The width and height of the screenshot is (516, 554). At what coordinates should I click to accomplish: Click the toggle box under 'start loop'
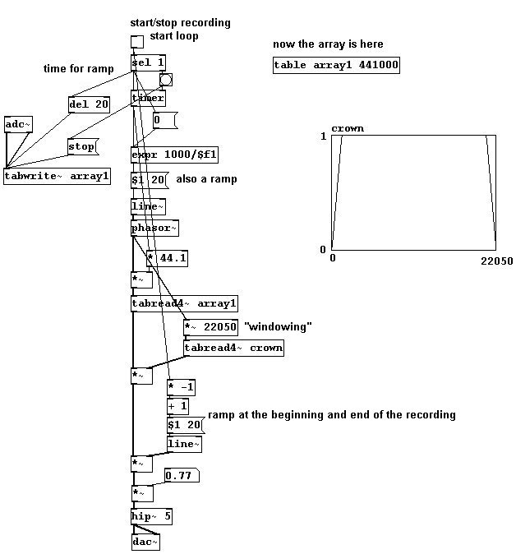pyautogui.click(x=137, y=42)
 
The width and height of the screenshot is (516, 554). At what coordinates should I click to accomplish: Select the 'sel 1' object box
pyautogui.click(x=148, y=63)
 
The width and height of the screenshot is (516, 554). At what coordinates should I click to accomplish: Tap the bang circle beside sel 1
pyautogui.click(x=166, y=80)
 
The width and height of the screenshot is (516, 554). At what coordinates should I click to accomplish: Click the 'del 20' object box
pyautogui.click(x=89, y=104)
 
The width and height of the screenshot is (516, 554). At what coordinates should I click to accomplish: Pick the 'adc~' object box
pyautogui.click(x=18, y=124)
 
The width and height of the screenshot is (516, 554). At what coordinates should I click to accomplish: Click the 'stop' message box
pyautogui.click(x=83, y=146)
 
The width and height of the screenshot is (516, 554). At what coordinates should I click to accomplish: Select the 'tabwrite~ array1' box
pyautogui.click(x=57, y=176)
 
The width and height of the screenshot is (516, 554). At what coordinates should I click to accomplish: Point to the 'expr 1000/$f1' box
pyautogui.click(x=174, y=155)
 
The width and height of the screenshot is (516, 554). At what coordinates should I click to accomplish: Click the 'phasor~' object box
pyautogui.click(x=154, y=229)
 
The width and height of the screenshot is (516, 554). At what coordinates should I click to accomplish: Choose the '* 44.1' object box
pyautogui.click(x=167, y=258)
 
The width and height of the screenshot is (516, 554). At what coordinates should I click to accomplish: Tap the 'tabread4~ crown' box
pyautogui.click(x=233, y=348)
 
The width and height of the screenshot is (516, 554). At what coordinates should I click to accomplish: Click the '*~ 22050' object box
pyautogui.click(x=210, y=327)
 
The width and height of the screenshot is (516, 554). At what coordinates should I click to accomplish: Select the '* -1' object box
pyautogui.click(x=182, y=387)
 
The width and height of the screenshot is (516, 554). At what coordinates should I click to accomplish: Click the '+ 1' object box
pyautogui.click(x=177, y=406)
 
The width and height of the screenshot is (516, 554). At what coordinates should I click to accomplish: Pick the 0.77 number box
pyautogui.click(x=182, y=476)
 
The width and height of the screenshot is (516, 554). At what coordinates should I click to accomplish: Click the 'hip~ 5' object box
pyautogui.click(x=151, y=516)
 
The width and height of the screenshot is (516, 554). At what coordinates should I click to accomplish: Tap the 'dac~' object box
pyautogui.click(x=145, y=542)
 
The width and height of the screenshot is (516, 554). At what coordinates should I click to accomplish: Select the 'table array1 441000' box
pyautogui.click(x=336, y=66)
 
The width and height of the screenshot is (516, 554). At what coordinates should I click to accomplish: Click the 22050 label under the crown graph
pyautogui.click(x=496, y=261)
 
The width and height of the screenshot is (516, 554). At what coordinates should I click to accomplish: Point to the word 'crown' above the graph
pyautogui.click(x=348, y=128)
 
